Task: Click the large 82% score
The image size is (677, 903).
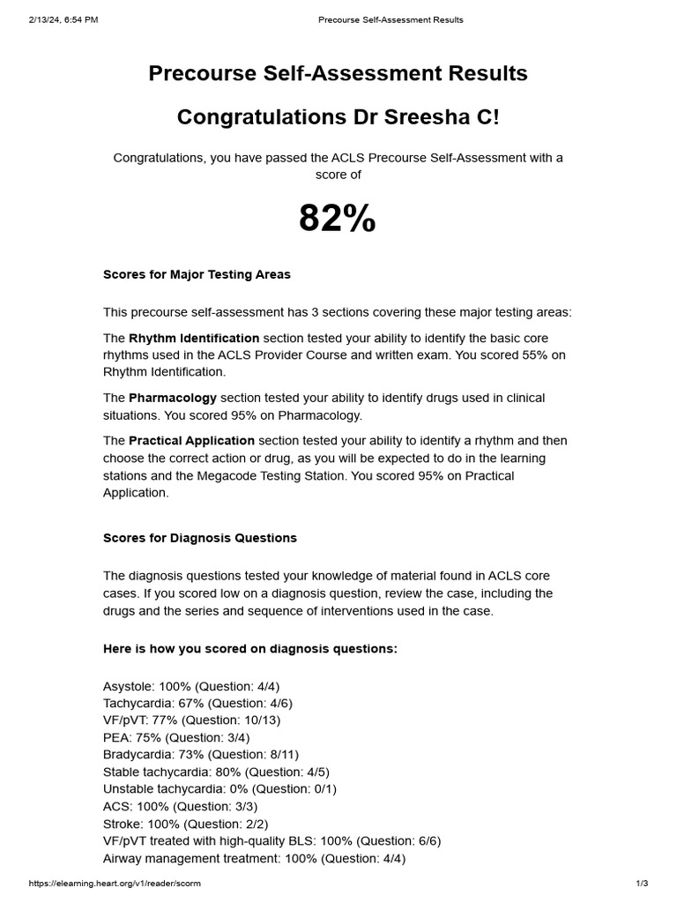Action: tap(338, 218)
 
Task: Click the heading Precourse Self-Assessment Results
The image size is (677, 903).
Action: tap(338, 73)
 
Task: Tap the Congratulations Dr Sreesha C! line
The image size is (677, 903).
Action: tap(338, 117)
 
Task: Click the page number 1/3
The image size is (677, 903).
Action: tap(642, 884)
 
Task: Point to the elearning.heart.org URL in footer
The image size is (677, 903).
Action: tap(108, 884)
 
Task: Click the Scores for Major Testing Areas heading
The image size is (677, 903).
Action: tap(197, 274)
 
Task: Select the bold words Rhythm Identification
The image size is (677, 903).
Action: tap(194, 338)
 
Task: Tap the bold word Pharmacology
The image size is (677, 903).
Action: tap(173, 398)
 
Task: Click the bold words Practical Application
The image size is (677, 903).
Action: tap(191, 440)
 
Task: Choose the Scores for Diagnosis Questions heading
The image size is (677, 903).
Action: tap(200, 538)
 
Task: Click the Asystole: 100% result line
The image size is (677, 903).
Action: tap(191, 686)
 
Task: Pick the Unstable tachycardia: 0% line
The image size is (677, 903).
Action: tap(219, 788)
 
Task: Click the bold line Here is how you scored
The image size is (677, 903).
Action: tap(250, 648)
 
